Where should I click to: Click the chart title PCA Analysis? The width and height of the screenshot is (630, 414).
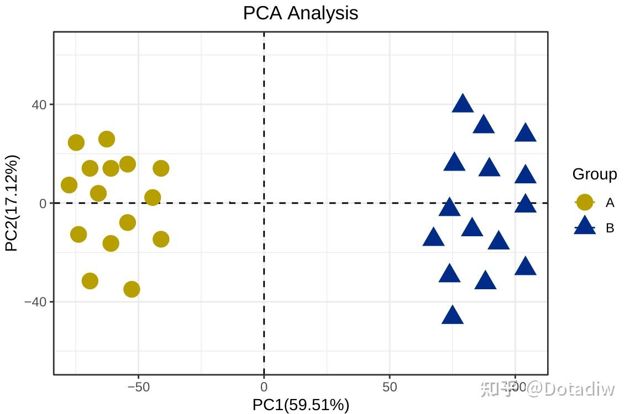pos(301,13)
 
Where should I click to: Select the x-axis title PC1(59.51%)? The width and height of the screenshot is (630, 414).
pos(301,405)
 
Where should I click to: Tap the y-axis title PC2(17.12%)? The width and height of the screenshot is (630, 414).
pos(12,203)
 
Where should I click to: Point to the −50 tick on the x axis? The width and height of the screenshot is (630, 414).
pos(138,387)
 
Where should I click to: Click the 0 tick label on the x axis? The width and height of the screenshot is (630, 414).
pos(264,387)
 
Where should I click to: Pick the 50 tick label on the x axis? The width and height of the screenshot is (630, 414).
pos(390,387)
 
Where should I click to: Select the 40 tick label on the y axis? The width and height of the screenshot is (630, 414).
pos(38,104)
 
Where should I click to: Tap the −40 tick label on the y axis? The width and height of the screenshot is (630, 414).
pos(35,302)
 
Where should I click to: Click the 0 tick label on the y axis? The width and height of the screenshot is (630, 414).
pos(43,203)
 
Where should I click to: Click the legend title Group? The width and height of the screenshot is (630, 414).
pos(595,174)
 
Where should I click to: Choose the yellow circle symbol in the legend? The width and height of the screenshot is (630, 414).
pos(585,203)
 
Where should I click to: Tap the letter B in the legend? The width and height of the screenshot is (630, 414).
pos(610,228)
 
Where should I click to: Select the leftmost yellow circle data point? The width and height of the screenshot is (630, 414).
pos(69,185)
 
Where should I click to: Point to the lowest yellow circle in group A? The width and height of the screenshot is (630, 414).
pos(132,289)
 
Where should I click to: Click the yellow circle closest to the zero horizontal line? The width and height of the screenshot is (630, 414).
pos(153,198)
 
